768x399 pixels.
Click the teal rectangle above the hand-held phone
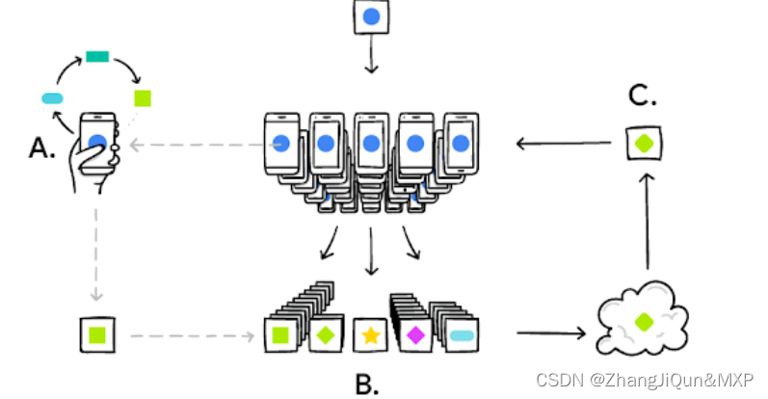coord(97,57)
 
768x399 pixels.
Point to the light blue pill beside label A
coord(52,97)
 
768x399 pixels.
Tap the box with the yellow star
coord(370,335)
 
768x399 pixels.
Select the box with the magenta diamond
coord(415,335)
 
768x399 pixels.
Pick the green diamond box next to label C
coord(644,144)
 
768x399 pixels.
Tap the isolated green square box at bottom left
coord(96,335)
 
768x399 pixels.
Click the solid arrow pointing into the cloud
coord(551,334)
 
